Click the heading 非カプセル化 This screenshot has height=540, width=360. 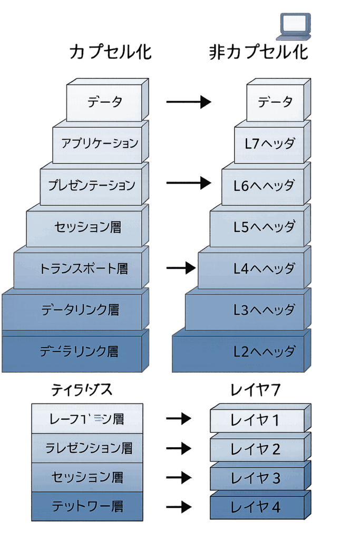coord(258,53)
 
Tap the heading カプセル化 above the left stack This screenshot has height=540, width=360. coord(110,53)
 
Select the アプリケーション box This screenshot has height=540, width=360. coord(99,143)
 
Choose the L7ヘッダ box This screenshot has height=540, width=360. coord(270,143)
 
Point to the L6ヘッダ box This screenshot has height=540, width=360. coord(264,186)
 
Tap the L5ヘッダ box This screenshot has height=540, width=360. coord(258,227)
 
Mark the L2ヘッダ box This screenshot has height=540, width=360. coord(239,352)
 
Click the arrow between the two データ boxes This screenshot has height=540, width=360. coord(188,102)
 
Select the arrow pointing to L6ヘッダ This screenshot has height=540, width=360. coord(188,183)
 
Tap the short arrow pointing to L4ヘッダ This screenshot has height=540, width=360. coord(180,268)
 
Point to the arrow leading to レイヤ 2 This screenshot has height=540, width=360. coord(179,448)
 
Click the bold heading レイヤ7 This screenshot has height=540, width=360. coord(256,390)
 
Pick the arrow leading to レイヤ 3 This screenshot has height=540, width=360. coord(179,478)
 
